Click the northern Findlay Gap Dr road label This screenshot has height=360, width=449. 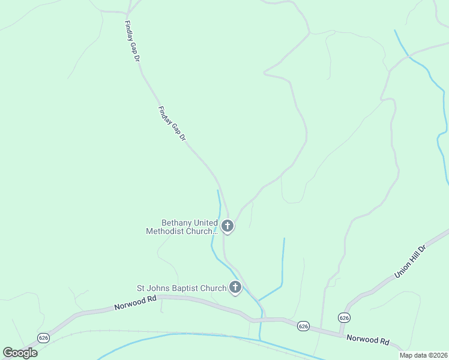click(x=132, y=42)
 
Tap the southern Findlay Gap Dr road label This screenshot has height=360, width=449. click(x=172, y=124)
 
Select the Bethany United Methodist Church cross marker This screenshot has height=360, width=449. click(x=227, y=226)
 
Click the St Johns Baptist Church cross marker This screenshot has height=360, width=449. click(x=235, y=288)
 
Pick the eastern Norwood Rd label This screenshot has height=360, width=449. click(x=367, y=340)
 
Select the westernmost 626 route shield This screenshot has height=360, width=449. click(x=43, y=338)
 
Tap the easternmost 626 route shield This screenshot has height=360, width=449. click(x=343, y=317)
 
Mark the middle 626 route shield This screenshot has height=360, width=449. click(x=303, y=326)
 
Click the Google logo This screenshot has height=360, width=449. click(x=20, y=353)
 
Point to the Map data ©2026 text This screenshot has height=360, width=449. click(x=422, y=355)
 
